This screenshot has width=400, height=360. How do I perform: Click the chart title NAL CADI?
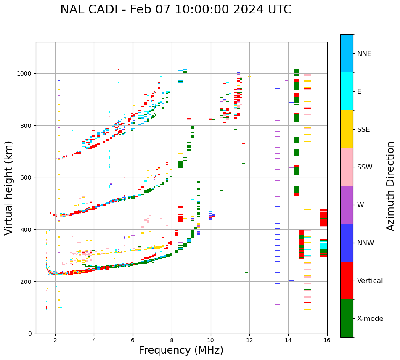point(175,10)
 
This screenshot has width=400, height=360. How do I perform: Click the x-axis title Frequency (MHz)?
point(181,350)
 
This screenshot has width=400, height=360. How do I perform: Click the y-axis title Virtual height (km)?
point(9,188)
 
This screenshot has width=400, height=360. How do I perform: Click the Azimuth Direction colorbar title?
point(391,186)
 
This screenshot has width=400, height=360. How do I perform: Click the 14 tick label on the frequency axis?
point(288,341)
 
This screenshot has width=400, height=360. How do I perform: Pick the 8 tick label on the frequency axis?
point(172,341)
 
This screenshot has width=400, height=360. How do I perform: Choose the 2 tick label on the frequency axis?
point(55,341)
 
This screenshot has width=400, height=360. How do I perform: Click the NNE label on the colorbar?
point(364,53)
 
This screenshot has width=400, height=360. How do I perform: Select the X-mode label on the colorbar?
point(370,319)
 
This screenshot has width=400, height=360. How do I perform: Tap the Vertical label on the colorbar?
point(370,281)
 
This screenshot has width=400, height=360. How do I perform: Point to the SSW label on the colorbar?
point(365,167)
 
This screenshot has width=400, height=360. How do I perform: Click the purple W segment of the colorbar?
point(347,205)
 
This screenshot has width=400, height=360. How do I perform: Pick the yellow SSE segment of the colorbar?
point(347,129)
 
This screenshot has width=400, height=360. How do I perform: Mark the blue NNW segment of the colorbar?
point(347,243)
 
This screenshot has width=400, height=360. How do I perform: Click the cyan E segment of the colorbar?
point(347,91)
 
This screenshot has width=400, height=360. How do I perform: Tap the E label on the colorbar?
point(360,91)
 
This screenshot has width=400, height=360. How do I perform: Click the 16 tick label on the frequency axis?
point(327,341)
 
